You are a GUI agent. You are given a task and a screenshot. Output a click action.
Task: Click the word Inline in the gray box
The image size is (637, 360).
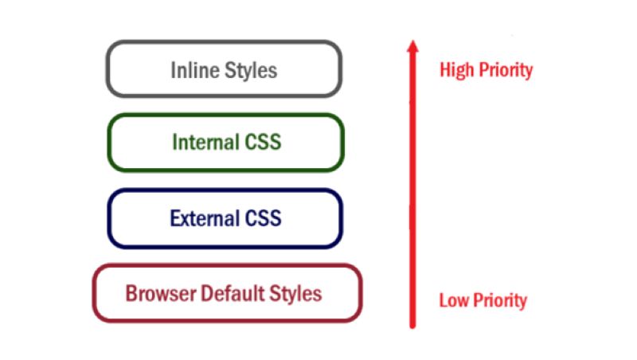pos(193,70)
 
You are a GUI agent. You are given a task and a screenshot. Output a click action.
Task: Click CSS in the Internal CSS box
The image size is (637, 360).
pos(262,143)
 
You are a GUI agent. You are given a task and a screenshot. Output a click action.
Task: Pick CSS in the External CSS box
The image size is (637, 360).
pos(261,217)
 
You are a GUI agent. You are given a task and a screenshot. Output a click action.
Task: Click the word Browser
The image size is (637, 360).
pos(157,294)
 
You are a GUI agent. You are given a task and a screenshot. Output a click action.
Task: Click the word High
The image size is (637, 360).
pos(456,70)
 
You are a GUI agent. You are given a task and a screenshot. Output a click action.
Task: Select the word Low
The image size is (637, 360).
pos(455,301)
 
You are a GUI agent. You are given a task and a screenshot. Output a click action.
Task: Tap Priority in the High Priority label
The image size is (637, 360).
pos(505,70)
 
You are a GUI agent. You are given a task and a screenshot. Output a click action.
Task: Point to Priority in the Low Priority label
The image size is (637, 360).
pos(499,301)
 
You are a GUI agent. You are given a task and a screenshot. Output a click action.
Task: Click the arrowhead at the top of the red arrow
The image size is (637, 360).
pos(412,47)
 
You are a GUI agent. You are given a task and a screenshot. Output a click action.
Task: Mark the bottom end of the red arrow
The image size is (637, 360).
pos(412,325)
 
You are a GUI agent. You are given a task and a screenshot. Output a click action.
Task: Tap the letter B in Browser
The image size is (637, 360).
pos(131,294)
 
